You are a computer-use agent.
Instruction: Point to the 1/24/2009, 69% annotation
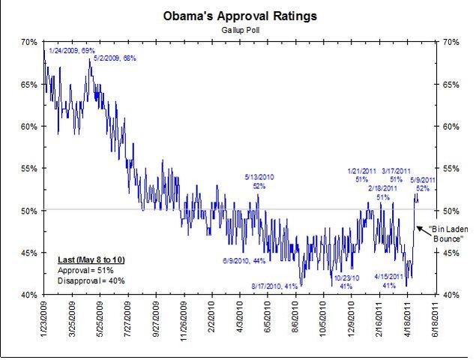coord(72,49)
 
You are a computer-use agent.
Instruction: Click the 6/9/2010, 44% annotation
coord(244,260)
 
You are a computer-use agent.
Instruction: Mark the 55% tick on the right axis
coord(452,168)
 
